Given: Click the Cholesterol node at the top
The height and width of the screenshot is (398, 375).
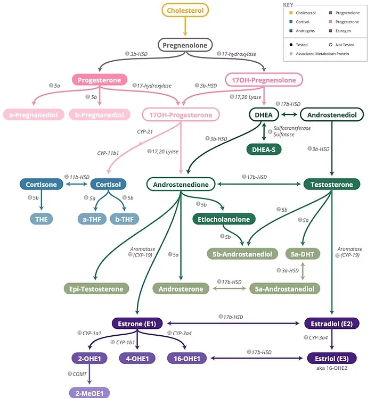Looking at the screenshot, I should tap(185, 10).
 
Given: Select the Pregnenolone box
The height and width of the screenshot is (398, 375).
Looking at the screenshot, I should tap(185, 46).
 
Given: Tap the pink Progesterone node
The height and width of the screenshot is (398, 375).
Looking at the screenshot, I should tap(100, 80).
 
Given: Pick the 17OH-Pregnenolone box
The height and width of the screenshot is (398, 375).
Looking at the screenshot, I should tap(264, 80).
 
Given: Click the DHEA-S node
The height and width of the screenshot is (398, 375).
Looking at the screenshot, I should tap(264, 150).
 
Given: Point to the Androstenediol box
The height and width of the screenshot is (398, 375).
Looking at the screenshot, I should tap(331, 114).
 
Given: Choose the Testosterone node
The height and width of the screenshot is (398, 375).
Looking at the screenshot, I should tap(331, 185).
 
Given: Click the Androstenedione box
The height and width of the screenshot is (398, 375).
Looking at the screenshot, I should tap(181, 185).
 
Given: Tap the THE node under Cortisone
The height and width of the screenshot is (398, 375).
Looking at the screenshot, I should tap(42, 219).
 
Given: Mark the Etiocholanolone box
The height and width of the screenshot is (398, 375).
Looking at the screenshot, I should tap(224, 219).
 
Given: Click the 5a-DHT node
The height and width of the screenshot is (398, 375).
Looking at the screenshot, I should tap(303, 254).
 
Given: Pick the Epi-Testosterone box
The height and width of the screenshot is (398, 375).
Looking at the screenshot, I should tap(96, 289).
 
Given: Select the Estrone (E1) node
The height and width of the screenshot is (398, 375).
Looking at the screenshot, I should tap(138, 323).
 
